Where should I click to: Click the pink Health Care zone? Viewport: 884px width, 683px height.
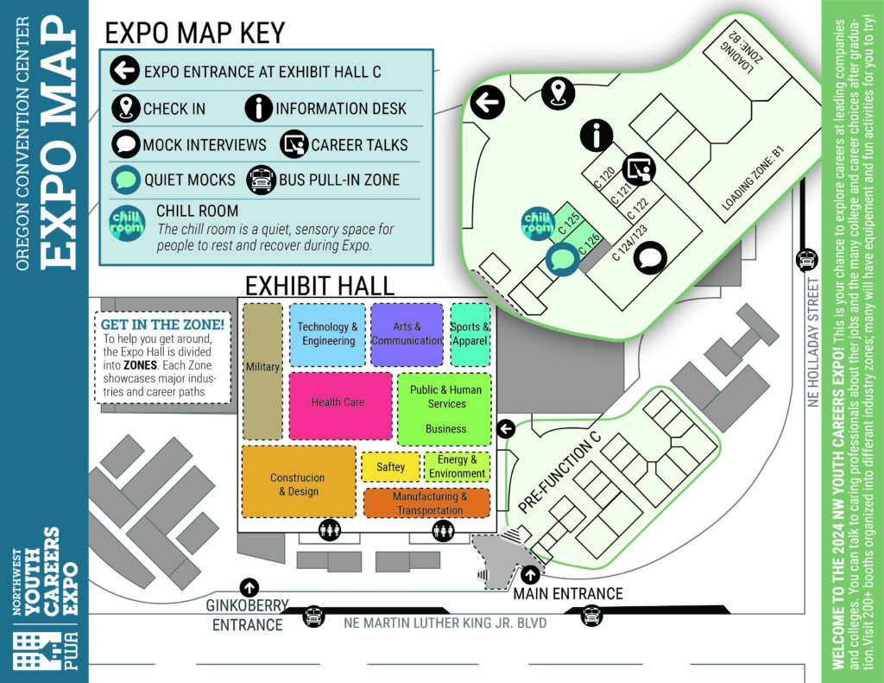click(340, 406)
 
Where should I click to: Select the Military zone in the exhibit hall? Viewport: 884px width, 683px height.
click(262, 371)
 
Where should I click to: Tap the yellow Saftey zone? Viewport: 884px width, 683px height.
click(391, 466)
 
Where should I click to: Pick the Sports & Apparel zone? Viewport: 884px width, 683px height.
click(470, 334)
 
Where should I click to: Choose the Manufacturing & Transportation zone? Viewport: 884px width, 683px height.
click(427, 503)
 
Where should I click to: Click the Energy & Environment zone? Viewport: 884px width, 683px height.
click(458, 466)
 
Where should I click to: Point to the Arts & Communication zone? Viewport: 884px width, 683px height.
click(407, 334)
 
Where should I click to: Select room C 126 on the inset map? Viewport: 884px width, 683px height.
click(589, 243)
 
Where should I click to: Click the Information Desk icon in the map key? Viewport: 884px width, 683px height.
click(259, 108)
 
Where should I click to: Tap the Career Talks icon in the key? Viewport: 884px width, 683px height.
click(294, 144)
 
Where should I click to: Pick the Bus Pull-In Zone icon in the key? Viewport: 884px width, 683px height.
click(261, 180)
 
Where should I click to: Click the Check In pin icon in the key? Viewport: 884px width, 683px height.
click(126, 108)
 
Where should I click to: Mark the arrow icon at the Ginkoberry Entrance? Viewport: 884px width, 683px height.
click(249, 587)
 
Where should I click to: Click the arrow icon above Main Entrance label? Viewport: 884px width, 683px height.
click(529, 575)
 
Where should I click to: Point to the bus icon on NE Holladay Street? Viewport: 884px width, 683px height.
click(807, 260)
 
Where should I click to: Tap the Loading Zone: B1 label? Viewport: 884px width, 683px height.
click(753, 178)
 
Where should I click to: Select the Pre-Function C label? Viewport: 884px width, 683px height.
click(559, 472)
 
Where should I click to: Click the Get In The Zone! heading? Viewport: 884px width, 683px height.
click(162, 325)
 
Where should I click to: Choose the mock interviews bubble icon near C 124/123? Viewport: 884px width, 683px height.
click(650, 258)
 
